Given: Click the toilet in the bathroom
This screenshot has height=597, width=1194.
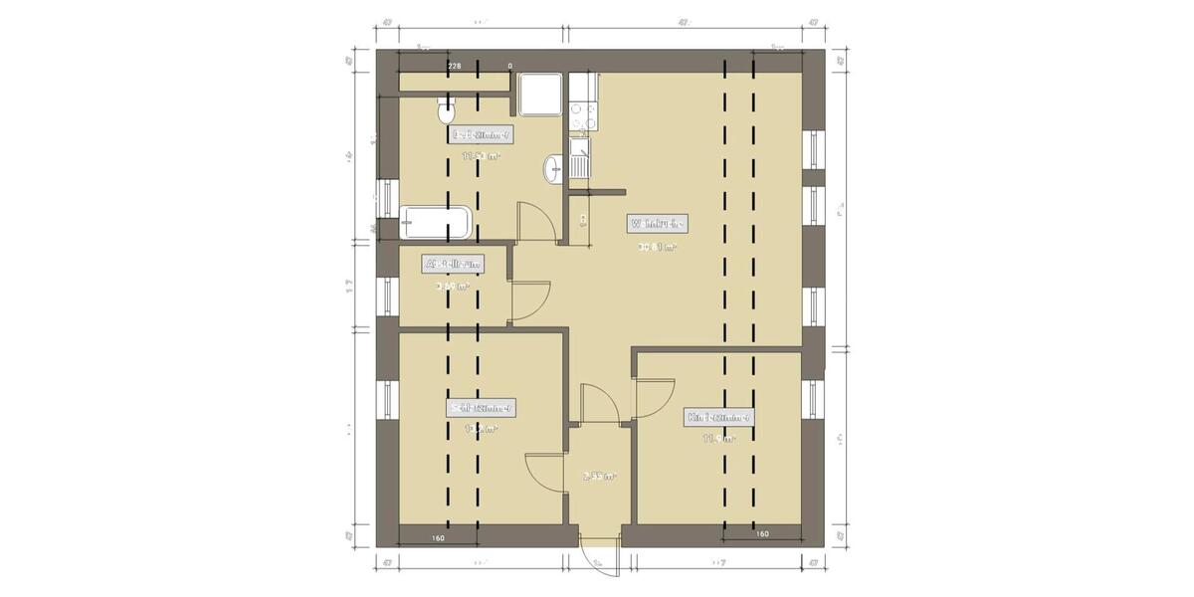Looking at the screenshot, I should click(x=445, y=110).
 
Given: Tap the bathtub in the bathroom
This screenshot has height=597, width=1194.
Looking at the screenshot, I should click(x=435, y=222).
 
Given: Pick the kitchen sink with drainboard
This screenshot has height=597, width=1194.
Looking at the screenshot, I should click(x=579, y=159).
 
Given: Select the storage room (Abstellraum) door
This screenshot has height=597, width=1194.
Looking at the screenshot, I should click(x=528, y=299).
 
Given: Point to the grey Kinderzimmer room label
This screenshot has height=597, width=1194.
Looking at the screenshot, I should click(x=718, y=418).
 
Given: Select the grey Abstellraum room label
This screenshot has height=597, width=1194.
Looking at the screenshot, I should click(x=454, y=264).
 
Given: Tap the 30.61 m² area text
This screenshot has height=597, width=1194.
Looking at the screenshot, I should click(x=657, y=247).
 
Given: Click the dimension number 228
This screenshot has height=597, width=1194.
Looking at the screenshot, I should click(x=454, y=66).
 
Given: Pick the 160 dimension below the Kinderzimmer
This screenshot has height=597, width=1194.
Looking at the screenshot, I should click(x=762, y=534).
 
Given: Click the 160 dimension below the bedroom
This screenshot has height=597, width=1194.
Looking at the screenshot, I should click(x=438, y=538).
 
